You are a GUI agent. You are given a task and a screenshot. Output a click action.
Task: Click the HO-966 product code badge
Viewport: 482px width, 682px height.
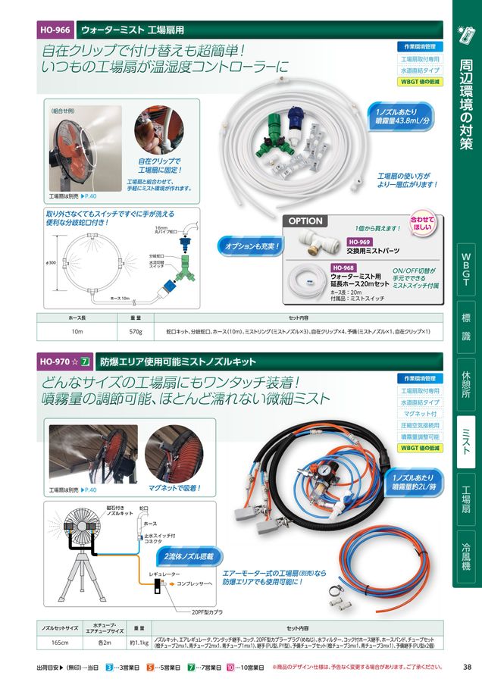[x=55, y=30]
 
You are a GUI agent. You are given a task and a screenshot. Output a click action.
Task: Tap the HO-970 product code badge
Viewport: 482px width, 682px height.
[x=55, y=362]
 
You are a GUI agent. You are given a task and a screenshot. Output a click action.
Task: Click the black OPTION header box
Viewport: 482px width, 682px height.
[x=305, y=221]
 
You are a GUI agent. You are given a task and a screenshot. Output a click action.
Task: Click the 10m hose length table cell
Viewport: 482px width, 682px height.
[x=76, y=332]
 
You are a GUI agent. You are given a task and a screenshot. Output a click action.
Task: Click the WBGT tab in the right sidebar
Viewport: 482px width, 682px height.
[x=467, y=270]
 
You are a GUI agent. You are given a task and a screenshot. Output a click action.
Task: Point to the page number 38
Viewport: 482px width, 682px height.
[x=467, y=668]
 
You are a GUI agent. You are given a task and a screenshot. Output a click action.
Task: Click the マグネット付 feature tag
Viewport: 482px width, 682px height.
[x=420, y=414]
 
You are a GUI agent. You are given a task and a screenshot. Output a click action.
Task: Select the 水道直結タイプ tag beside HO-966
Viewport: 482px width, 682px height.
[x=420, y=70]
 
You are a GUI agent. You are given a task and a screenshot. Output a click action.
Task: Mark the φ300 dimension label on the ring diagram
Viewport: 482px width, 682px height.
[x=51, y=263]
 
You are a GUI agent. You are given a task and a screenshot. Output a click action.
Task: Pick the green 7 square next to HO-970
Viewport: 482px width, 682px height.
[x=86, y=362]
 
